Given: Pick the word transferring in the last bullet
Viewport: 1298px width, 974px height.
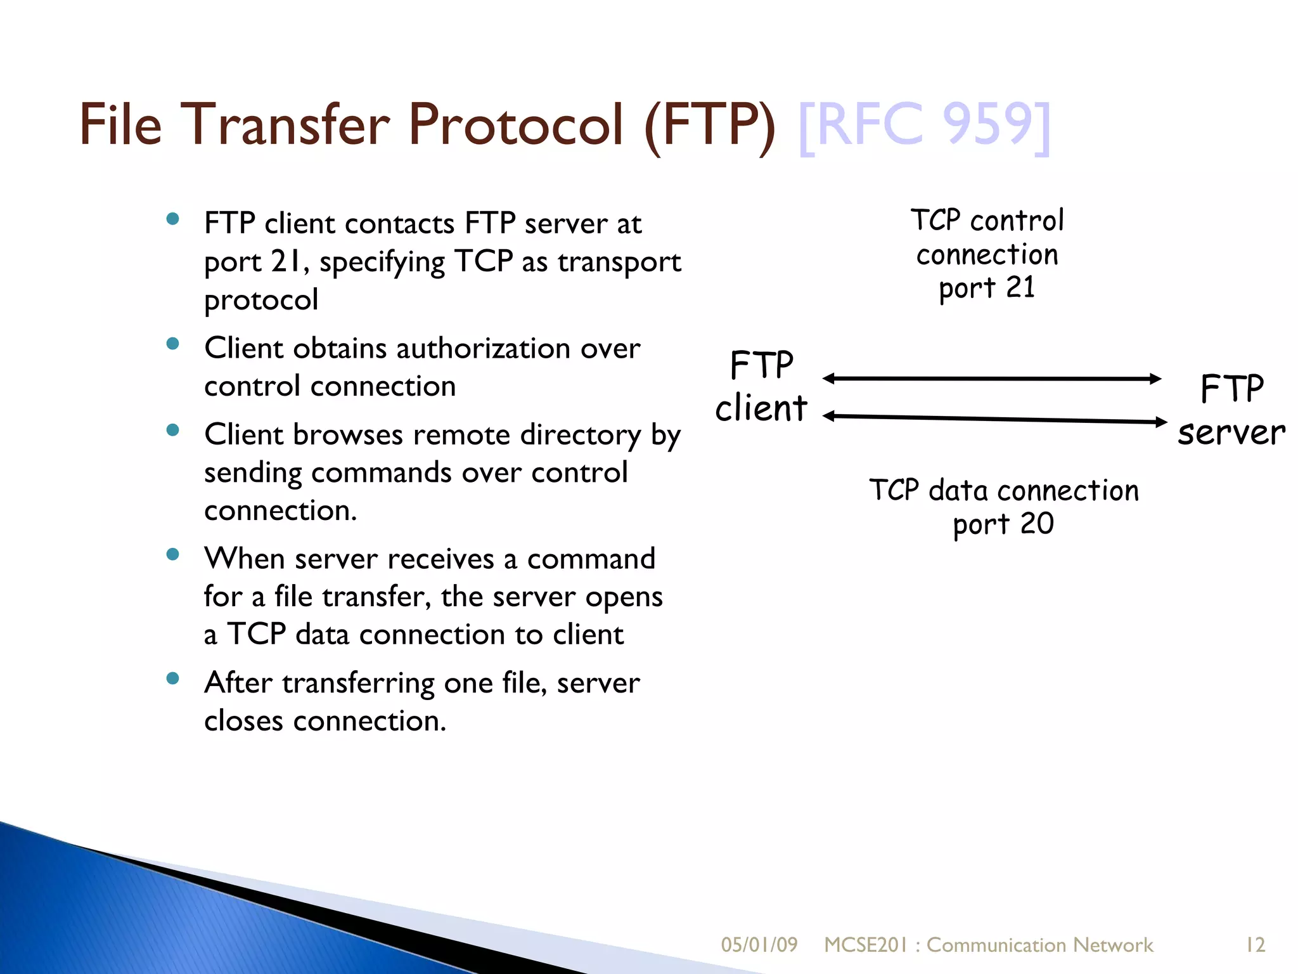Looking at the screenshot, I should (x=358, y=683).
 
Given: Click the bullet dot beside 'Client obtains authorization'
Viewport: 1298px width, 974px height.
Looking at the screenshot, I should (x=172, y=344).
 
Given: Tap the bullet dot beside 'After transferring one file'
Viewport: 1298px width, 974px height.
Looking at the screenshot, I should (x=172, y=679).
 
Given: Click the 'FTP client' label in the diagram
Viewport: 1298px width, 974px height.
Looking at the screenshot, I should (x=761, y=386).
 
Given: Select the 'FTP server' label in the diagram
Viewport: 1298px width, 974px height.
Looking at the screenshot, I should (x=1231, y=410).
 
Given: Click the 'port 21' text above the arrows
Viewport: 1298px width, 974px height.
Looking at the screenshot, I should (x=987, y=288).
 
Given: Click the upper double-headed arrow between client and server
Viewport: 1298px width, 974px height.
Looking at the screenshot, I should (x=992, y=379).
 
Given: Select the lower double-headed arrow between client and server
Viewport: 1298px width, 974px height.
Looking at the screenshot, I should (x=994, y=419).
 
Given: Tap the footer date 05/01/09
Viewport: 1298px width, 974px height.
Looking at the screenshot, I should (x=759, y=945).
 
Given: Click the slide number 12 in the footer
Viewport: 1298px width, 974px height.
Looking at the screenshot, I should (x=1255, y=945).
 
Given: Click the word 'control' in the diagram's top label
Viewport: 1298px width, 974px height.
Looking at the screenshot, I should (x=1017, y=221).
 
